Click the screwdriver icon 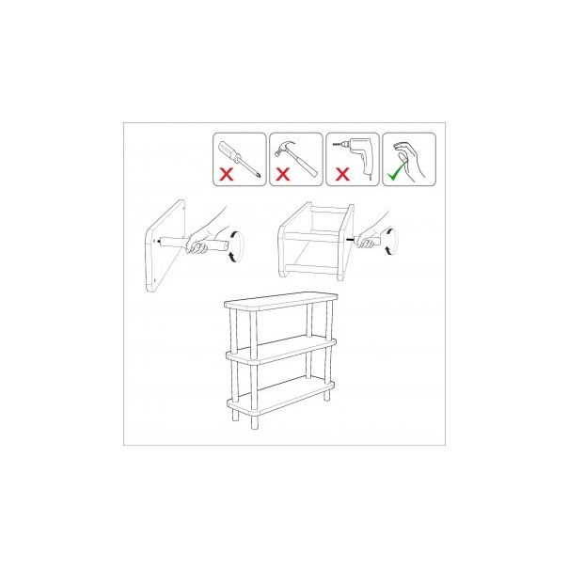(x=236, y=150)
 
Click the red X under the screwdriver (x=227, y=174)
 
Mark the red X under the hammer (x=281, y=174)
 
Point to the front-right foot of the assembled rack (x=326, y=395)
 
